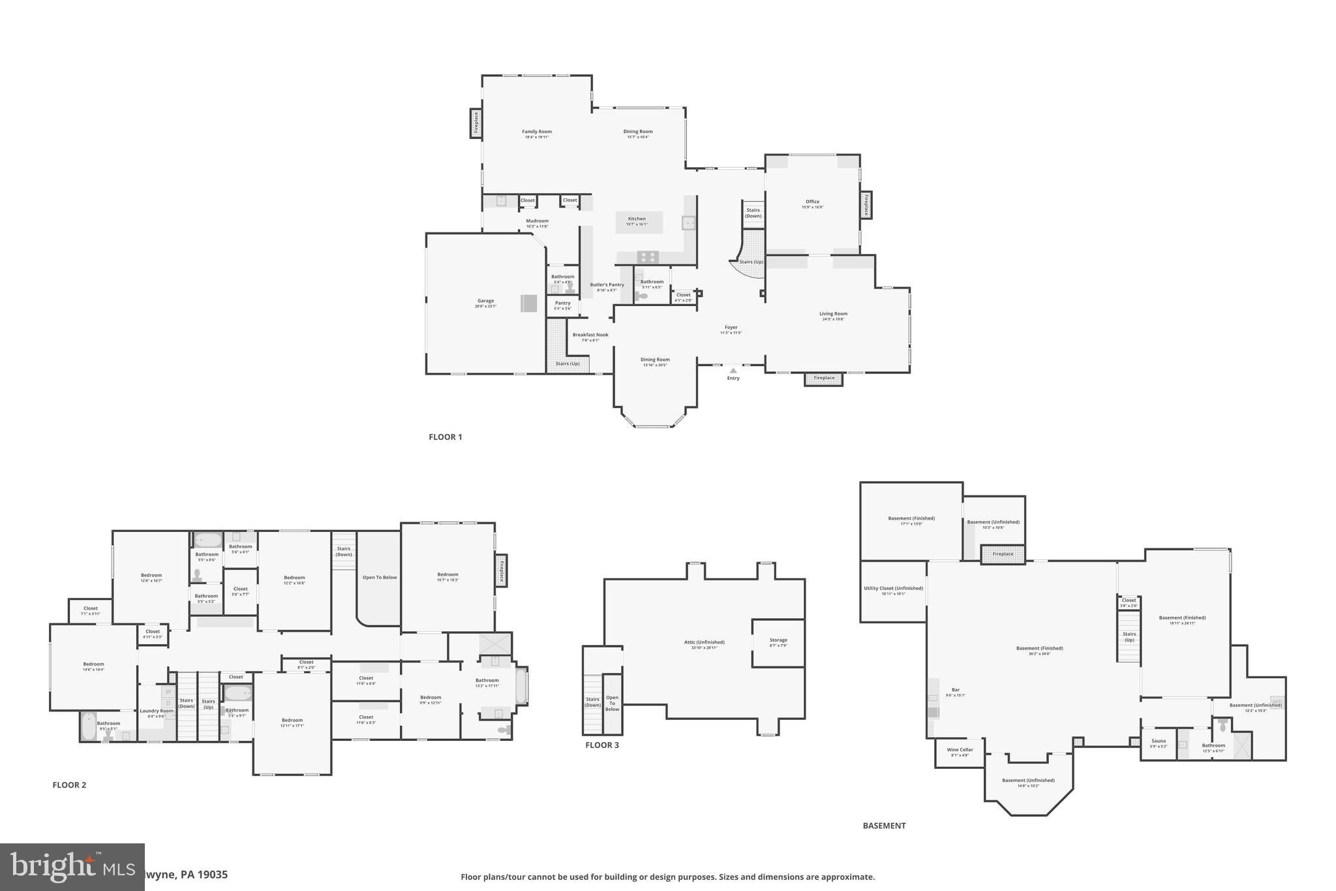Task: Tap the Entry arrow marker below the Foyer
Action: point(733,371)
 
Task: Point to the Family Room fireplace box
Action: point(476,123)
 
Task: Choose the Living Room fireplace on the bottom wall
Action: point(823,379)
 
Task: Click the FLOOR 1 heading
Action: point(445,437)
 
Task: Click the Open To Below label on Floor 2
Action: point(380,578)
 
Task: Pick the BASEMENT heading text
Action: point(884,826)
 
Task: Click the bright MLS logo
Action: point(72,867)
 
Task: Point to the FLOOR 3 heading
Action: point(601,745)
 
